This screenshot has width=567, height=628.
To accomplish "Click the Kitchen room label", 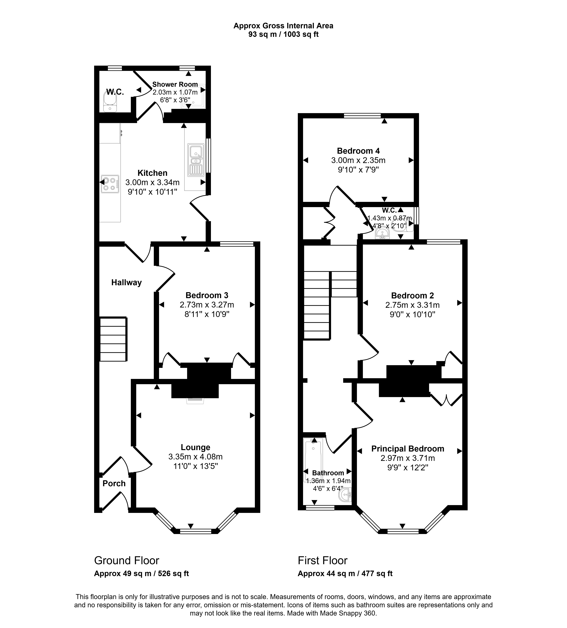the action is point(152,173).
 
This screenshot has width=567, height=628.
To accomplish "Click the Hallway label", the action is point(126,283).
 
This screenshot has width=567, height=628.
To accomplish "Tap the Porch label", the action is point(114,483).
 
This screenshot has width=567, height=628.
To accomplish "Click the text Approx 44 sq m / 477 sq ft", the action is point(345,573).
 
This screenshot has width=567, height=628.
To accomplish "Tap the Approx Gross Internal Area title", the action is point(283,26).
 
